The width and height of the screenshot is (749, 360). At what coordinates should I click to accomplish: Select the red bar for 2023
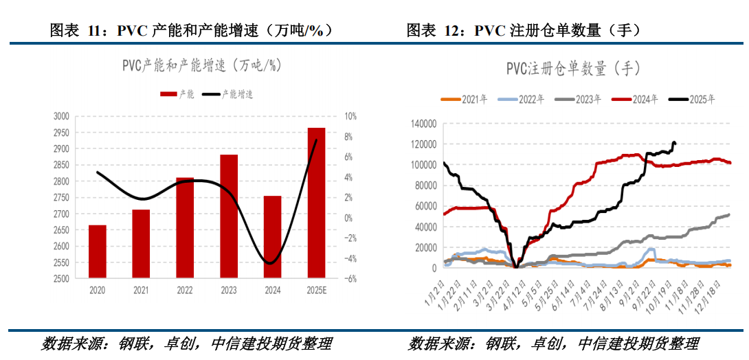(228, 216)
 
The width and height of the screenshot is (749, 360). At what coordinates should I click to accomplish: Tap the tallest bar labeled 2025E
(316, 203)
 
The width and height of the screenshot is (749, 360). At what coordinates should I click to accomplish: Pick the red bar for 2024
(273, 237)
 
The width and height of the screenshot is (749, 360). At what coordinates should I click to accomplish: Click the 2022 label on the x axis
(185, 291)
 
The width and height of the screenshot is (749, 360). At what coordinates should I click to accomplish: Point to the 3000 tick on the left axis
(60, 117)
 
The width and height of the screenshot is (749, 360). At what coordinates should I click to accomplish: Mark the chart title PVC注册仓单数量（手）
(573, 69)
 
